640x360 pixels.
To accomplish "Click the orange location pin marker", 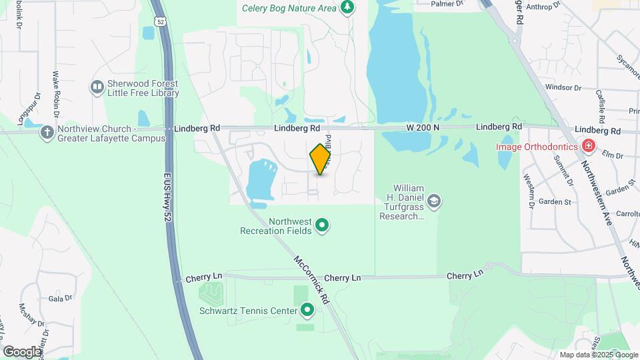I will (321, 159).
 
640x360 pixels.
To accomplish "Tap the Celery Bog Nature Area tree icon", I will (347, 7).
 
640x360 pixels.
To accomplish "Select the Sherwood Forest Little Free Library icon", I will (97, 87).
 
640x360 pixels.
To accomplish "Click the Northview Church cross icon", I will (47, 132).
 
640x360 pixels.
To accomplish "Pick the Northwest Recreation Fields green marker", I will (322, 226).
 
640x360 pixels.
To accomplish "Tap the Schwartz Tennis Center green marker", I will (307, 309).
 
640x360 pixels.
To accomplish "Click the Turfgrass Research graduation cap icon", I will (434, 201).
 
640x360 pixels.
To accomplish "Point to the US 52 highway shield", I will (160, 22).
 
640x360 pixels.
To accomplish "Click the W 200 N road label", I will (424, 127).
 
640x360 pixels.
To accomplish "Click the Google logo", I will (22, 351).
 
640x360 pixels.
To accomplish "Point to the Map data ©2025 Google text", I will (597, 355).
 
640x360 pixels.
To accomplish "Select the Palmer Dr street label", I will (447, 4).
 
